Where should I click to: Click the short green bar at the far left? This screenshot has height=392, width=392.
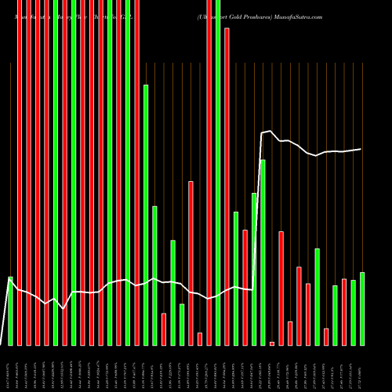tap(10, 310)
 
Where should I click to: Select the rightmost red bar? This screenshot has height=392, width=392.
tap(344, 311)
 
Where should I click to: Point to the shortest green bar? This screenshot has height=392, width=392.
tap(182, 325)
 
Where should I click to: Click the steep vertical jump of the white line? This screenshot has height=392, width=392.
tap(260, 212)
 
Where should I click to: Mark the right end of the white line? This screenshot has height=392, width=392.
tap(361, 149)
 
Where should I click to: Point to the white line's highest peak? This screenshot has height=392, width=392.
tap(270, 131)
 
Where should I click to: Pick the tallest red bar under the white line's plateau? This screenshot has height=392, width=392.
tap(281, 288)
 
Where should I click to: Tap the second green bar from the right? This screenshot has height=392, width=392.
tap(354, 312)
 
